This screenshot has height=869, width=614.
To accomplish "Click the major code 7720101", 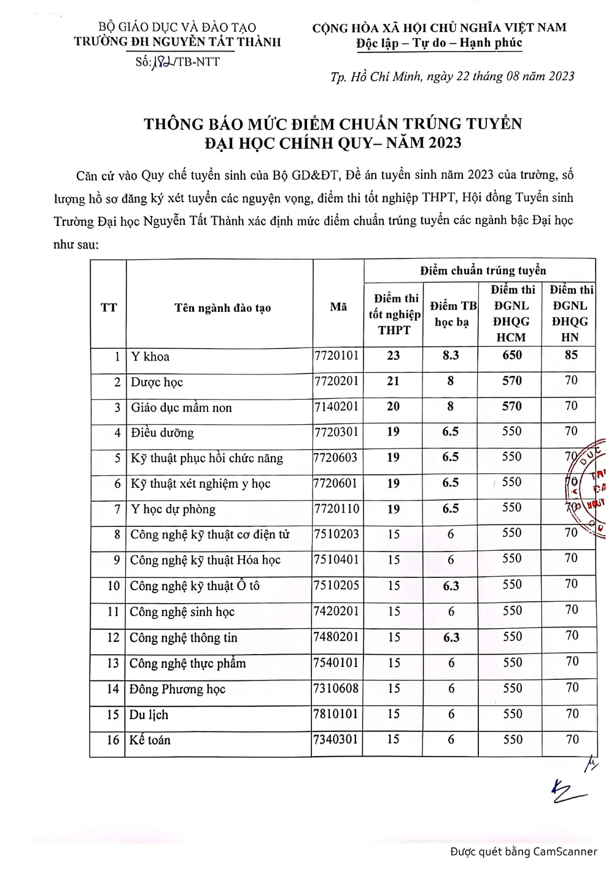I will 336,356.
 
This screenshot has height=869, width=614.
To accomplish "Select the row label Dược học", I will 157,382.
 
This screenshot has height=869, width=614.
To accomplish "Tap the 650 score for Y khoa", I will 511,355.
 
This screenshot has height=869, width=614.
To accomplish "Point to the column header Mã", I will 338,306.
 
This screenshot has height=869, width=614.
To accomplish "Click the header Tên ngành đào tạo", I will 222,308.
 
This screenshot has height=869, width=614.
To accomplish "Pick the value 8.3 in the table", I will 451,355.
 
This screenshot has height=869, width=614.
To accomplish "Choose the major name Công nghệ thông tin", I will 183,637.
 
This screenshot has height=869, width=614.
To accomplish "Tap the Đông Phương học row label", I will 177,689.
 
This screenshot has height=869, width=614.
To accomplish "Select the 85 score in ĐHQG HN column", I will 571,355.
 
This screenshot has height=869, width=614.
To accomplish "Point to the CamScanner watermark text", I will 523,851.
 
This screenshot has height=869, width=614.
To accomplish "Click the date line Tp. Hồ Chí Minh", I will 453,76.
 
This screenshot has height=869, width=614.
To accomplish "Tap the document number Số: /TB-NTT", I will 177,61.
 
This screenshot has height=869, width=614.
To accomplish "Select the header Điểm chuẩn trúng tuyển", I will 483,270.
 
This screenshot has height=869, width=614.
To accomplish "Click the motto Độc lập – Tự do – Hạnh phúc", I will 439,43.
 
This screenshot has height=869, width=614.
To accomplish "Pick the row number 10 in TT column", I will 114,586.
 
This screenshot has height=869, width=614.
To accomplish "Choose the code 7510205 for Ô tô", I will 336,585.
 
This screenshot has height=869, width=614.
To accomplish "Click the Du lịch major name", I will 149,714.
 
